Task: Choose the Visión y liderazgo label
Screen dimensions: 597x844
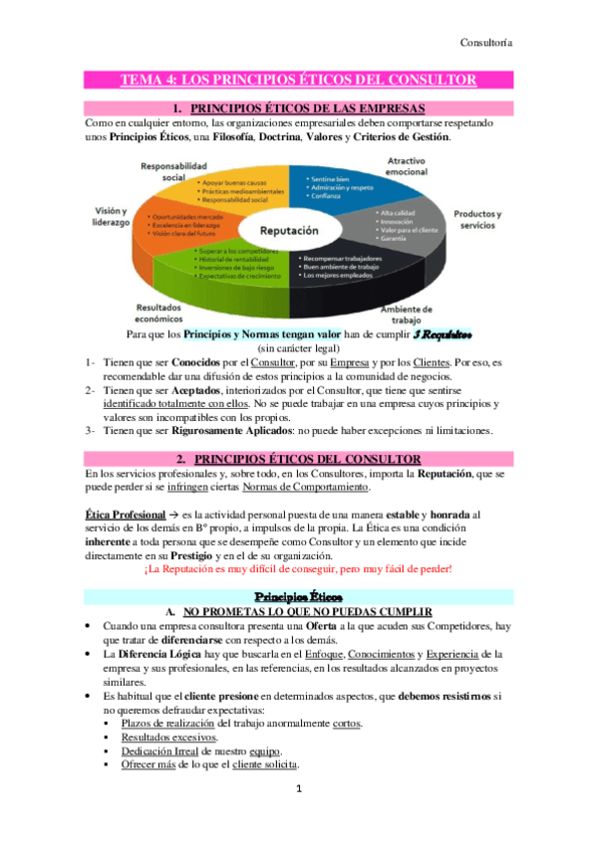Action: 99,217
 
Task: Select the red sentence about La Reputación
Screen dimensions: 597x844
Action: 298,568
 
